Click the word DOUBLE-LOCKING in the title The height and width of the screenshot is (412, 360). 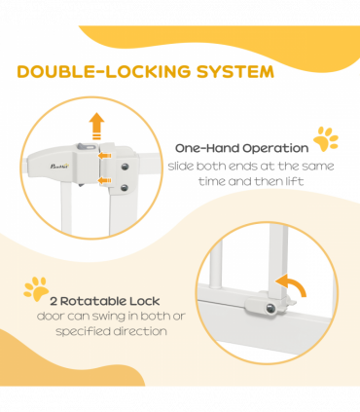click(104, 71)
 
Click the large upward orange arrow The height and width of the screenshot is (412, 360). click(96, 126)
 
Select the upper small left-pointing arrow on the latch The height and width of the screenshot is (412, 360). click(105, 156)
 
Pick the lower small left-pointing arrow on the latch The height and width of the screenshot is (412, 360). click(105, 180)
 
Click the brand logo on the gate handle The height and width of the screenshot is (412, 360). click(59, 167)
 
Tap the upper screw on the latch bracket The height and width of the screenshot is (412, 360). click(125, 167)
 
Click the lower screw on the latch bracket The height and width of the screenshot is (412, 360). click(125, 188)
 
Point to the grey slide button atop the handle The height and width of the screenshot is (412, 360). click(86, 147)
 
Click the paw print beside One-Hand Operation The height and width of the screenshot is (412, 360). click(326, 139)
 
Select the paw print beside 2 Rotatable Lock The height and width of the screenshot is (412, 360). click(36, 288)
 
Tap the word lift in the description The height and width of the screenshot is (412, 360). click(295, 181)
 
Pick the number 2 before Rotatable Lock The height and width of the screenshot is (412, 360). click(54, 302)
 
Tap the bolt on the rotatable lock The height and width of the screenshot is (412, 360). click(270, 309)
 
